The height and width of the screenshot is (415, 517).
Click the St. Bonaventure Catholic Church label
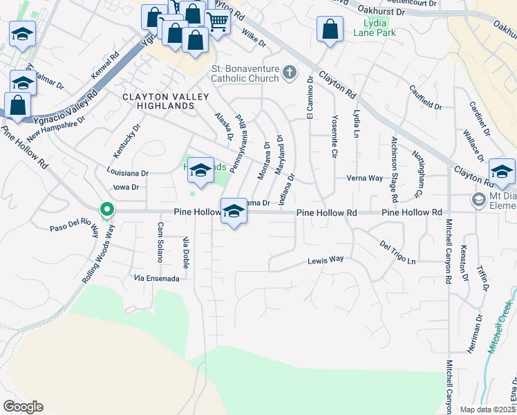245,74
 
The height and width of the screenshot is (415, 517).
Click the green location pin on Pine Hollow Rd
106,209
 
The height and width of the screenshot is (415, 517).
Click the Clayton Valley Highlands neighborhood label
158,102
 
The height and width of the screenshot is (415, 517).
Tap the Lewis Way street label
326,260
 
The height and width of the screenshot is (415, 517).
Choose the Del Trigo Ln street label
397,252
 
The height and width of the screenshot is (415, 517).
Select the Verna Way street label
366,178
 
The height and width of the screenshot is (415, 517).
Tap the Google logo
23,407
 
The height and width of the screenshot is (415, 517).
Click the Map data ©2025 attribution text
488,409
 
